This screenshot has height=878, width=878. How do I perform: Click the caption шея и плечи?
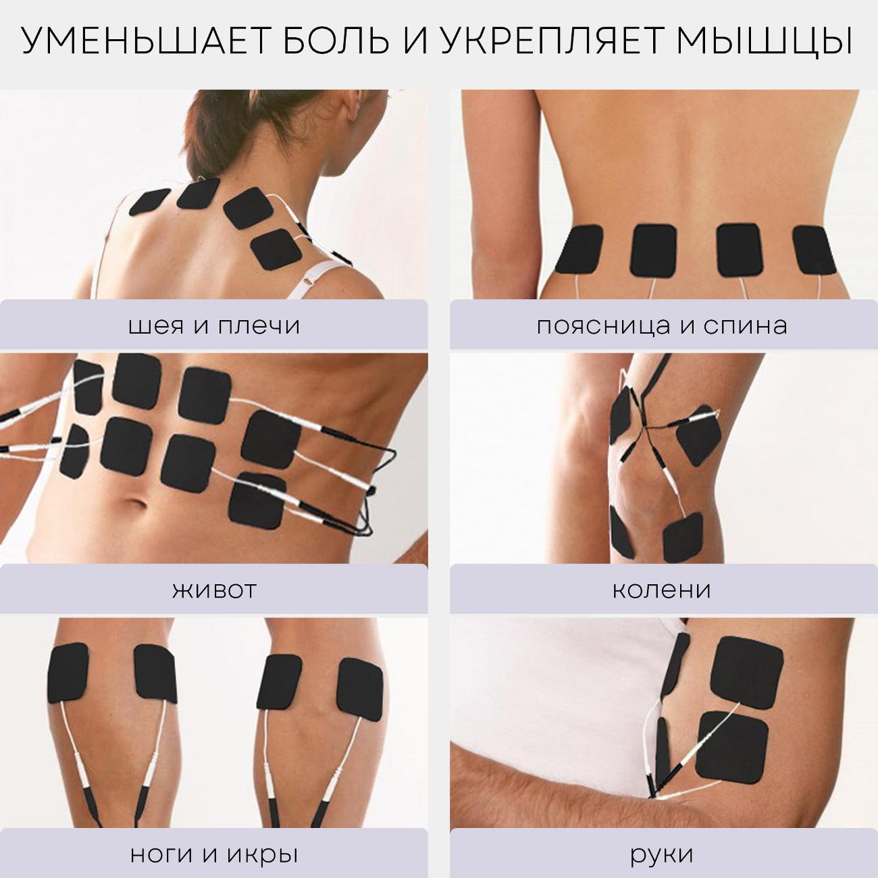coord(213,326)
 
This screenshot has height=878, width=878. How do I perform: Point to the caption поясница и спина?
coord(663,326)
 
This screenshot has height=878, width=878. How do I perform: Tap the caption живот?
coord(213,590)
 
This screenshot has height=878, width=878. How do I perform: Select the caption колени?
coord(662,590)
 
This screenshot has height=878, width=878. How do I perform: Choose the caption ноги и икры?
coord(213,854)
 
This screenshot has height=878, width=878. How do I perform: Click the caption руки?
coord(662,855)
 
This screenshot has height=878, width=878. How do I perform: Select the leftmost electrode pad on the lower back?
coord(582,251)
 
